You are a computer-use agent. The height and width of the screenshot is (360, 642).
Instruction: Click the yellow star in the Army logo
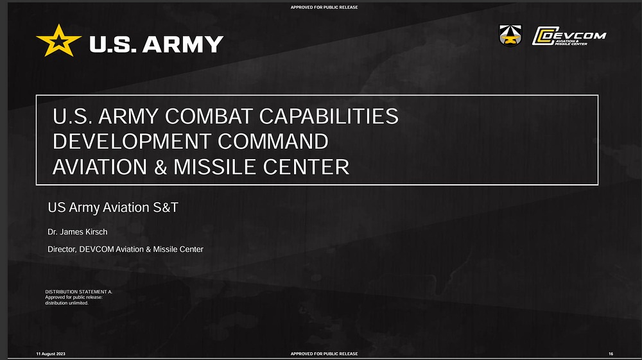point(58,41)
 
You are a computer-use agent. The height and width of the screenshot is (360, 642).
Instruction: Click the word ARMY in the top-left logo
point(182,44)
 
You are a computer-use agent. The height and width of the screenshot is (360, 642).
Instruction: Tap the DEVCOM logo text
point(569,36)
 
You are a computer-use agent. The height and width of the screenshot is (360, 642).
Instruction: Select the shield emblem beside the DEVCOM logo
point(510,35)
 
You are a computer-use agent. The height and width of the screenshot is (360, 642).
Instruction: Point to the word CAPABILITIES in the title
point(329,116)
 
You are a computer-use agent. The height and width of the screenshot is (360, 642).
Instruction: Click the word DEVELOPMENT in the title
point(132,142)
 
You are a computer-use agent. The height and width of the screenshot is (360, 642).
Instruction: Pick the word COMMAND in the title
point(273,142)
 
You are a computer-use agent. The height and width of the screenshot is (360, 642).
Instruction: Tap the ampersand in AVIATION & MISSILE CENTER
point(160,167)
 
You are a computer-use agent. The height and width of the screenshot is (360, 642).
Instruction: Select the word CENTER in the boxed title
point(306,167)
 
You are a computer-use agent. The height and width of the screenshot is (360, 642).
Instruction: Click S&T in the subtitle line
point(166,207)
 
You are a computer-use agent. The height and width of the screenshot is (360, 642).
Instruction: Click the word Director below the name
point(62,249)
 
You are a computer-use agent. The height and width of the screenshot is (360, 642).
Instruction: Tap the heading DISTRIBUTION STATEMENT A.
point(78,292)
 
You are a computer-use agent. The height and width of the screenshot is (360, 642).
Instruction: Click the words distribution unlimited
point(67,303)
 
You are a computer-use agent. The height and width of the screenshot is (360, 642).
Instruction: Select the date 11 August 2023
point(51,354)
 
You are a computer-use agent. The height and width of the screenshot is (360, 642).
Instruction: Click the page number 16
point(611,354)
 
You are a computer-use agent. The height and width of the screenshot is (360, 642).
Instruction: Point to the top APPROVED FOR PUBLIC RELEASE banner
point(324,7)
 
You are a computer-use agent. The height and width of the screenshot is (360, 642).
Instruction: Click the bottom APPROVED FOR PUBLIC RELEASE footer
point(324,354)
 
